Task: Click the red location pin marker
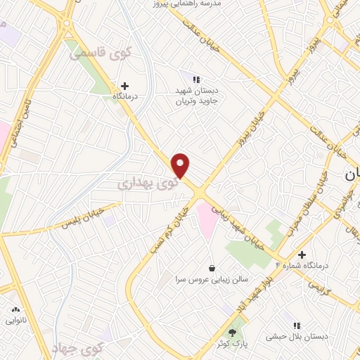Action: coord(181,165)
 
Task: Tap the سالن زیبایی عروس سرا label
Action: coord(212,279)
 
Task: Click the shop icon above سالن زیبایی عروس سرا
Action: coord(212,268)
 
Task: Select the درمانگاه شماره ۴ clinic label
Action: coord(304,265)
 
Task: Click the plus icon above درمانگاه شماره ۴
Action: coord(302,255)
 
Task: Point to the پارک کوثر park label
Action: coord(233,344)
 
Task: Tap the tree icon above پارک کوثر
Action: coord(233,333)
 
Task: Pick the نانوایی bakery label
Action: coord(15,320)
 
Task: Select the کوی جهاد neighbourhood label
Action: coord(78,347)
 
